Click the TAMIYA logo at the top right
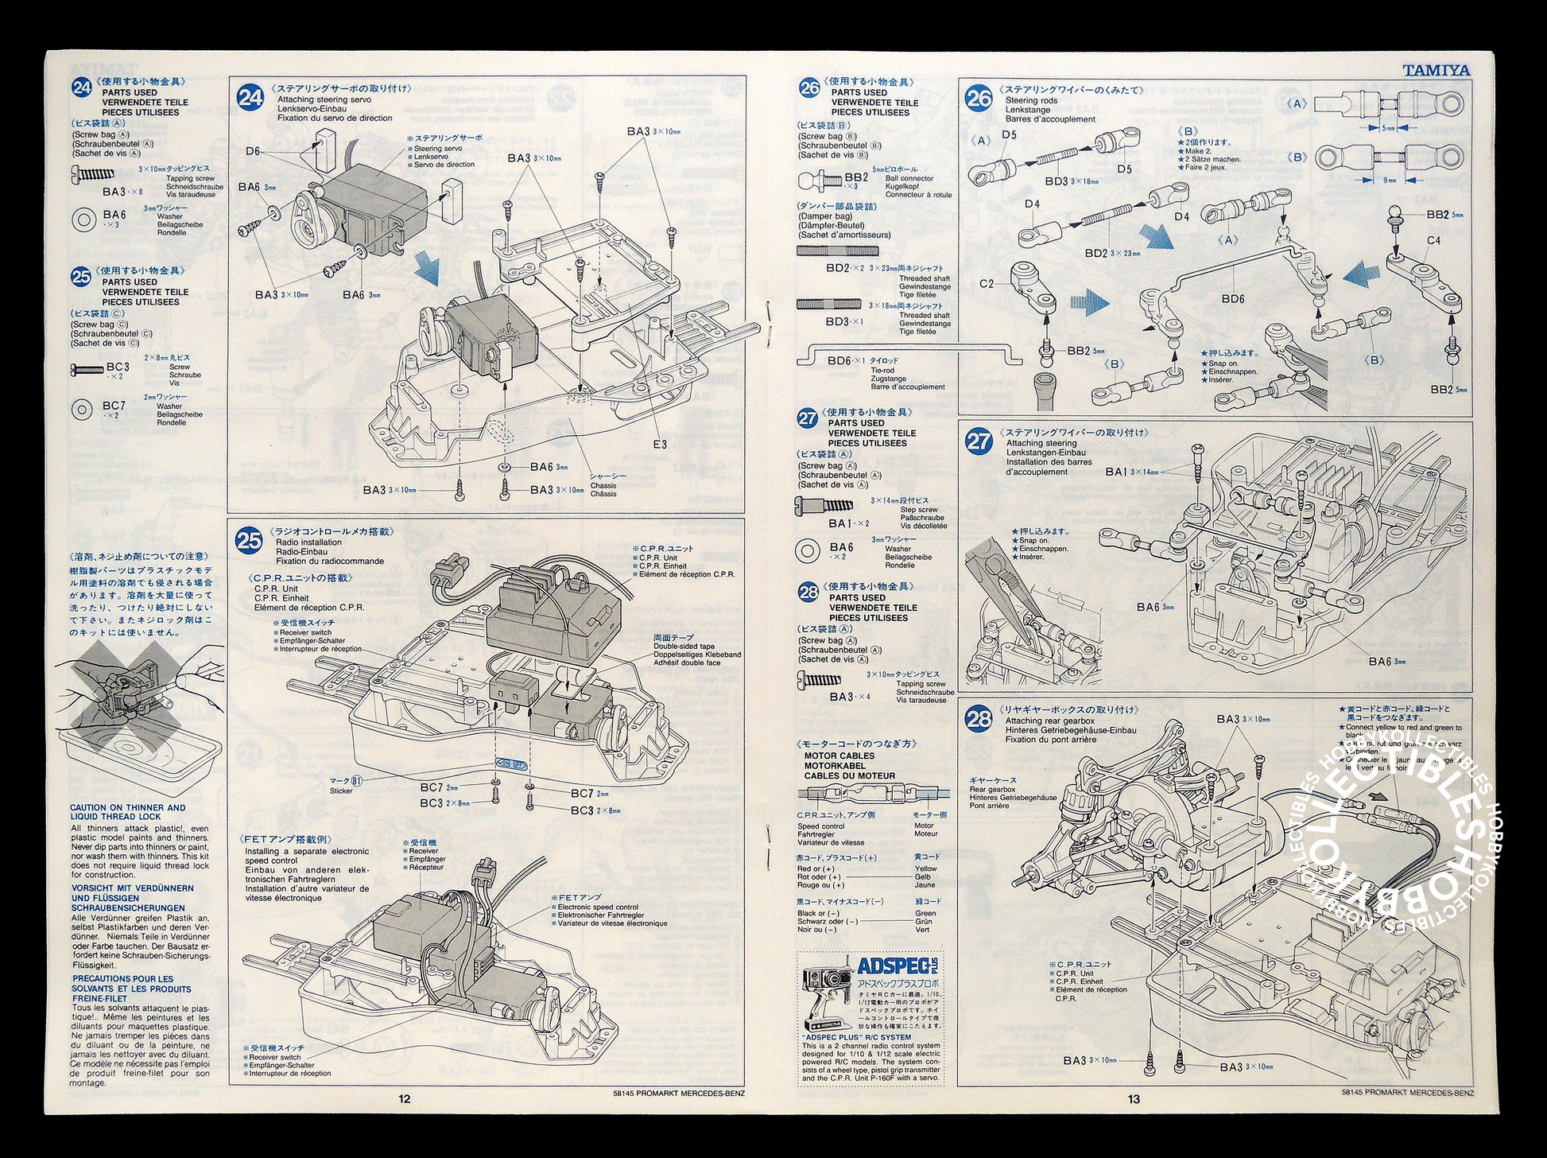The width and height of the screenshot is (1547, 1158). pos(1436,70)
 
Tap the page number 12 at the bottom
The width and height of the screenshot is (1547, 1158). pos(405,1099)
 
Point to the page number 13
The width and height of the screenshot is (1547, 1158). pos(1133,1099)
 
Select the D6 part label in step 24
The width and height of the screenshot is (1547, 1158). pos(253,150)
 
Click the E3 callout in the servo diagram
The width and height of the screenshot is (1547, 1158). pos(659,444)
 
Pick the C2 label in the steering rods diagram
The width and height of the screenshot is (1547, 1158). pos(987,283)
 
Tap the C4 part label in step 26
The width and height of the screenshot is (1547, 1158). pos(1433,240)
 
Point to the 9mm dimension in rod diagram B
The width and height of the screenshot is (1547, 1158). pos(1389,180)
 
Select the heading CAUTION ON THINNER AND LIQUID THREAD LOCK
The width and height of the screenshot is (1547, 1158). pos(127,811)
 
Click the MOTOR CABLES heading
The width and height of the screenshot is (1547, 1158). pos(839,756)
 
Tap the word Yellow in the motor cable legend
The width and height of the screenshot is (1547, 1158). pos(925,868)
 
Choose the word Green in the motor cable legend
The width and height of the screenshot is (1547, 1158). pos(925,913)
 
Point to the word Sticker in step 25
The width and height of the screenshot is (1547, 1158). pos(341,791)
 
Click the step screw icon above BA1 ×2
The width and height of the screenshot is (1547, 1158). pos(824,504)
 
